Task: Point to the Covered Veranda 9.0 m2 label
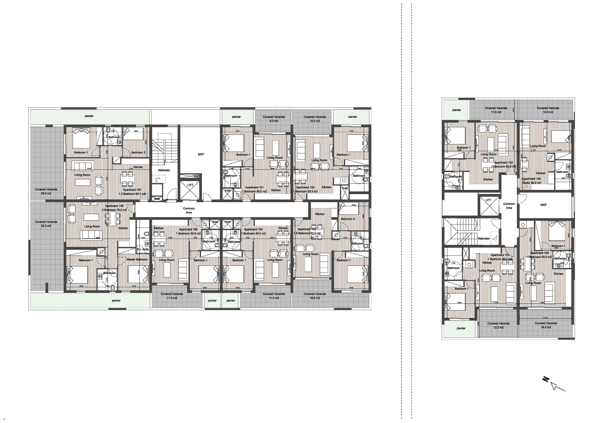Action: (274, 119)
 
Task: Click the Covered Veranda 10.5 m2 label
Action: (315, 119)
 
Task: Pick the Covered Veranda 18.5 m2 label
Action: (315, 296)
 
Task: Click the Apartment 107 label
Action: (132, 190)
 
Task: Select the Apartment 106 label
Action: (114, 206)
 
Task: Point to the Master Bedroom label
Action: (137, 259)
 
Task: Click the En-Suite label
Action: (143, 249)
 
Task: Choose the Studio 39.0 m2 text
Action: (531, 183)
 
